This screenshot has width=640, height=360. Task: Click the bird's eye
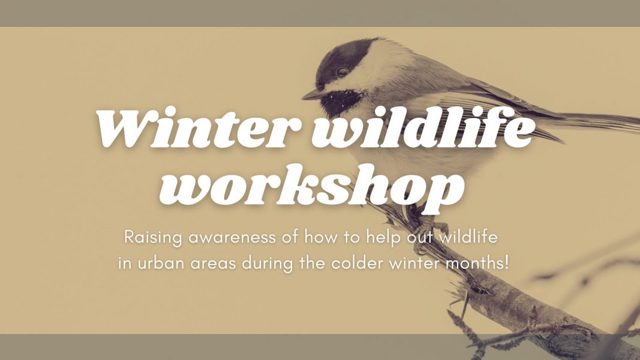click(x=342, y=72)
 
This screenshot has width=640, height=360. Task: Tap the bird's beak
click(x=313, y=95)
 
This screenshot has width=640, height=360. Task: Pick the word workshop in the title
click(x=312, y=188)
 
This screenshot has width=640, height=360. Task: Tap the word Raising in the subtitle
click(x=153, y=238)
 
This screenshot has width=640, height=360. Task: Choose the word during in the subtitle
click(x=267, y=263)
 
